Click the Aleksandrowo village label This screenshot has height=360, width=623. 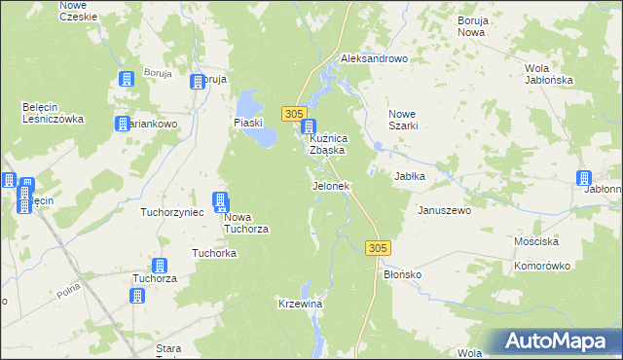374,59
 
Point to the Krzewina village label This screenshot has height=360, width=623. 300,305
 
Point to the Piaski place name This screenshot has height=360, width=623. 249,123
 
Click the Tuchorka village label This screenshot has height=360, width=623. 215,253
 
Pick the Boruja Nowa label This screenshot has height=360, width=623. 471,26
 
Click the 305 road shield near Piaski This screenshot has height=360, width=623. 296,114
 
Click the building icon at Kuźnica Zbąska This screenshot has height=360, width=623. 309,126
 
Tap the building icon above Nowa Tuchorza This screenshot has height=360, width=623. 221,201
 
